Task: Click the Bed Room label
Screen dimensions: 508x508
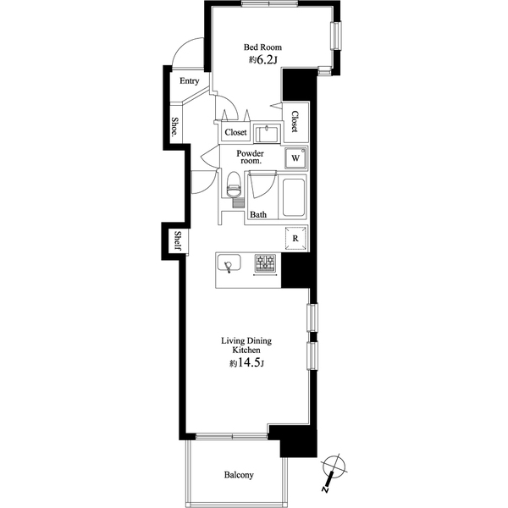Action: tap(262, 47)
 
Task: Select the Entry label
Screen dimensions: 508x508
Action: tap(190, 81)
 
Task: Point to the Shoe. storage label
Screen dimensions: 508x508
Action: tap(174, 127)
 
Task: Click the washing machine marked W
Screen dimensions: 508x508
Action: tap(295, 158)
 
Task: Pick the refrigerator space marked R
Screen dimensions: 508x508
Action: tap(295, 239)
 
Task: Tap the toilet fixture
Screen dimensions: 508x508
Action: tap(234, 185)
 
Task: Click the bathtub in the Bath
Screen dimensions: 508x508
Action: tap(294, 197)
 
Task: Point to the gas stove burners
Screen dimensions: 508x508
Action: tap(265, 262)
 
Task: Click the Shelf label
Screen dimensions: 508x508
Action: tap(178, 240)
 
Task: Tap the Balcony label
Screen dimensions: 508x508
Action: tap(239, 475)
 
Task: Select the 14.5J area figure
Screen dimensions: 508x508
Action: tap(246, 363)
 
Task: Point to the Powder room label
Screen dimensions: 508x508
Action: tap(250, 157)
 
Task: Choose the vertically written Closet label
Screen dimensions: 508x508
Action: tap(295, 121)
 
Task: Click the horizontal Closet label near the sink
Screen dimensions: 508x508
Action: tap(235, 132)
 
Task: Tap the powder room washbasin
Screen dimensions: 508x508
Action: tap(267, 134)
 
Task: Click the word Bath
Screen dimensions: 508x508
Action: tap(258, 214)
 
